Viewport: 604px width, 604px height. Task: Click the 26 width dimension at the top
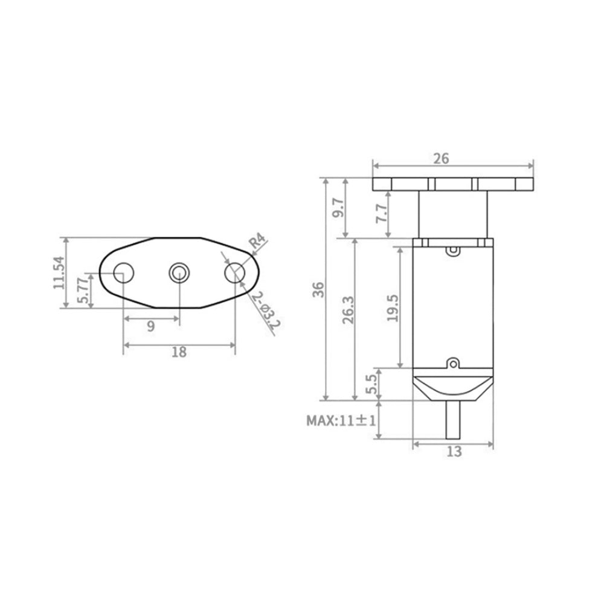pyautogui.click(x=442, y=159)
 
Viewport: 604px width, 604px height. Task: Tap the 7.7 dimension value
pyautogui.click(x=381, y=214)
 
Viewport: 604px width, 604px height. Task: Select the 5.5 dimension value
pyautogui.click(x=373, y=383)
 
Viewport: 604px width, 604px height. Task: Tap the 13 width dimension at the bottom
pyautogui.click(x=454, y=451)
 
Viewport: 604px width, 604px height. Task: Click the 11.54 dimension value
pyautogui.click(x=59, y=273)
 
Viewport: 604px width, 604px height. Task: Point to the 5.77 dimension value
pyautogui.click(x=85, y=291)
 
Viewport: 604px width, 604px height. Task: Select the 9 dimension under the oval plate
pyautogui.click(x=150, y=326)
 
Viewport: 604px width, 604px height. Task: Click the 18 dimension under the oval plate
pyautogui.click(x=179, y=353)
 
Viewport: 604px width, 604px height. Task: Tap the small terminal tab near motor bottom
pyautogui.click(x=453, y=364)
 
